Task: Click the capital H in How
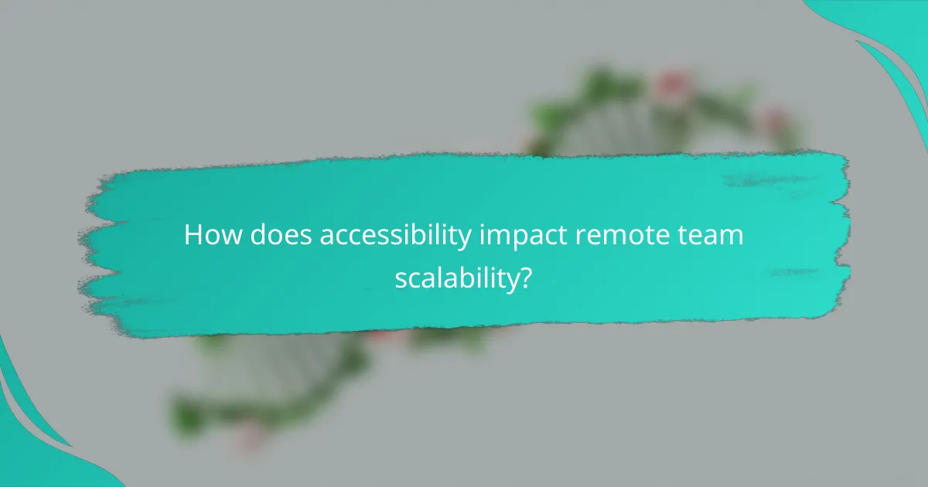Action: pyautogui.click(x=193, y=236)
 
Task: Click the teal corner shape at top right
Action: pyautogui.click(x=889, y=39)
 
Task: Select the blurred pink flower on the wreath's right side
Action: pyautogui.click(x=773, y=122)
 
